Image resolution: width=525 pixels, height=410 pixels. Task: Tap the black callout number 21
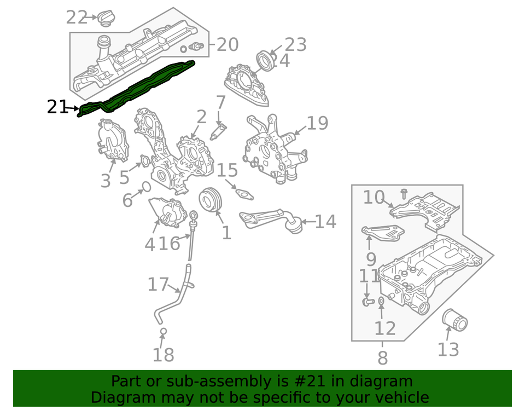[56, 107]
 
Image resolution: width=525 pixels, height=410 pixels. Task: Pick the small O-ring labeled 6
[146, 187]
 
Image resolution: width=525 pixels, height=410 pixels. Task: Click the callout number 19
[317, 123]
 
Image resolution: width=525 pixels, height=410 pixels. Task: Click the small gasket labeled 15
[241, 192]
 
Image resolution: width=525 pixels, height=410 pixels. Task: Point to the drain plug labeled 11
[367, 301]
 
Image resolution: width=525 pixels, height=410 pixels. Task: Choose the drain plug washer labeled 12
[381, 301]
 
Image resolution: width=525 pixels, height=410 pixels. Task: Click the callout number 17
[158, 285]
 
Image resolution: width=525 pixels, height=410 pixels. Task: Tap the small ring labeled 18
[162, 331]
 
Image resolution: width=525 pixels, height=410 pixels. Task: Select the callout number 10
[374, 197]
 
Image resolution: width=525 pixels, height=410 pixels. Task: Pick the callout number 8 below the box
[382, 358]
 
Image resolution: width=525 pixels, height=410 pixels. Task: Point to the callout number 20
[227, 44]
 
